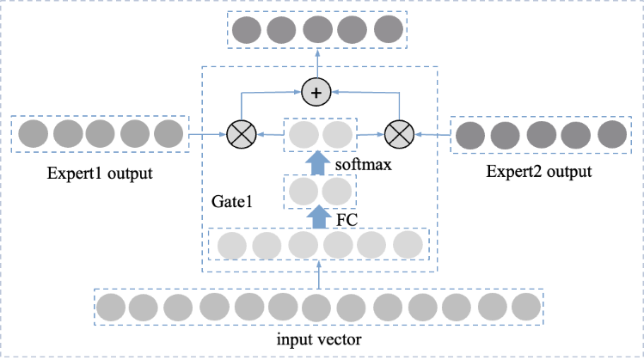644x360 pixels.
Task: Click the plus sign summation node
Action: pos(316,92)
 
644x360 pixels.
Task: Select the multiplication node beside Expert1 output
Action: pos(242,134)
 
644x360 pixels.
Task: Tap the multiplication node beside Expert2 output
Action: pos(399,134)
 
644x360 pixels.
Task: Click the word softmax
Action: pos(363,165)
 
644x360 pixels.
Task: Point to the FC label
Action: pos(347,220)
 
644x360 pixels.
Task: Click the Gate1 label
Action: pos(231,201)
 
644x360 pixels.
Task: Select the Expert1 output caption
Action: pos(100,174)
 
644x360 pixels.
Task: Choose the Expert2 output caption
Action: pos(539,172)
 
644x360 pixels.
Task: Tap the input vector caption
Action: pos(319,339)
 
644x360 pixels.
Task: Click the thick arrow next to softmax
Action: pos(318,163)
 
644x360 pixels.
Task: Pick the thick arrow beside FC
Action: pos(318,217)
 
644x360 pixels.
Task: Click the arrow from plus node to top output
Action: pos(317,64)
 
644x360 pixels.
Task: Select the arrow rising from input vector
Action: pos(319,275)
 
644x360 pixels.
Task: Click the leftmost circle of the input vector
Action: pos(111,307)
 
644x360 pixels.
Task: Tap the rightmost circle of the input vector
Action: pos(526,307)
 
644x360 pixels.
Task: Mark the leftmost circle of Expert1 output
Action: pos(34,134)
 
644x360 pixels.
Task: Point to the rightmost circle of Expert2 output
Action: pos(612,134)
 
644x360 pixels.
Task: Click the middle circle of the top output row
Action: pos(317,29)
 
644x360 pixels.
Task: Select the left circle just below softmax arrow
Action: pos(304,192)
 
